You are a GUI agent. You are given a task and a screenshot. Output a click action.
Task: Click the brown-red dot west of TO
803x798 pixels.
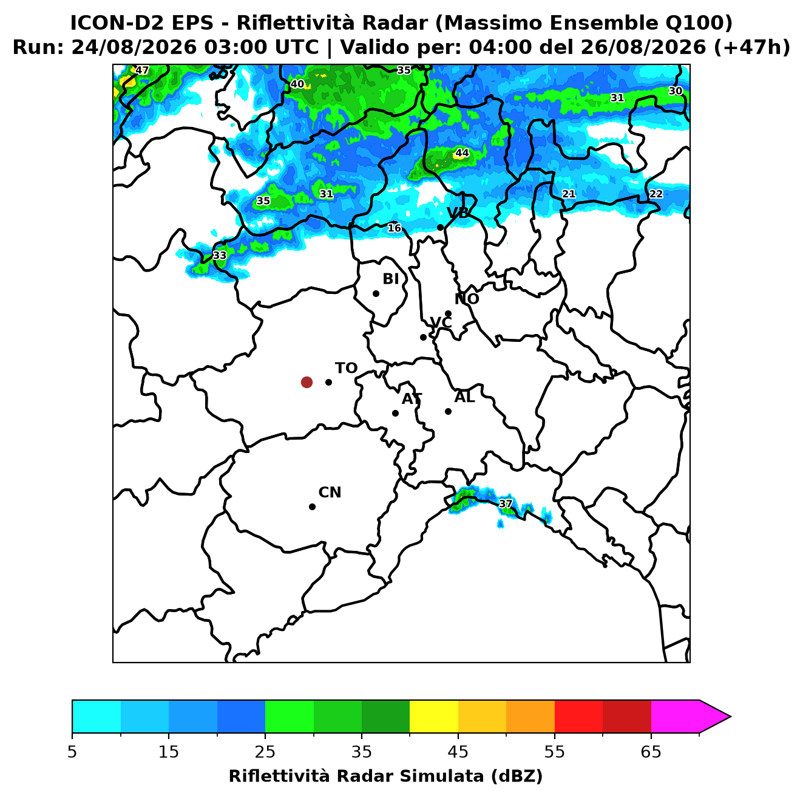307,381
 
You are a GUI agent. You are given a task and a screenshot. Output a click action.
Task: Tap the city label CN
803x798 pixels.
330,493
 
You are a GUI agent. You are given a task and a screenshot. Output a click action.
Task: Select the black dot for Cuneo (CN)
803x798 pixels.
312,507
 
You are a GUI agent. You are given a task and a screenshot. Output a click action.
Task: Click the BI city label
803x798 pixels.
390,279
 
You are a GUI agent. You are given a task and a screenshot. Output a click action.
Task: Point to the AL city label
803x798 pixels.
464,397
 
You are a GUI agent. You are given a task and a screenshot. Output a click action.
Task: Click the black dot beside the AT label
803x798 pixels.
395,414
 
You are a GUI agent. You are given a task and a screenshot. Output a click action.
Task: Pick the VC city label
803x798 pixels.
441,322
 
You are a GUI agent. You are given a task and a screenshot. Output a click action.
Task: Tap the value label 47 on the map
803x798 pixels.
142,70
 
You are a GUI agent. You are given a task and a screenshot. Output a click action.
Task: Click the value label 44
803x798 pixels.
462,153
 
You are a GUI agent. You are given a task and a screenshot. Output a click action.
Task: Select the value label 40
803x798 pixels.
297,84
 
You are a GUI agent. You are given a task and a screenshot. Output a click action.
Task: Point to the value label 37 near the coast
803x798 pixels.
505,504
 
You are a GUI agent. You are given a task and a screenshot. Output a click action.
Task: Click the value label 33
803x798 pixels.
220,255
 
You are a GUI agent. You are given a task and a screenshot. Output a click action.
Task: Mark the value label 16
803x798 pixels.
394,228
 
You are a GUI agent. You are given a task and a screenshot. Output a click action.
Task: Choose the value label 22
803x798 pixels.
656,194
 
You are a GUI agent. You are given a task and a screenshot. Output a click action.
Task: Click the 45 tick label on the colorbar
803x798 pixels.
458,752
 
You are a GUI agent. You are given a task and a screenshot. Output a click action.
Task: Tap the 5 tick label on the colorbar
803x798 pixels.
72,752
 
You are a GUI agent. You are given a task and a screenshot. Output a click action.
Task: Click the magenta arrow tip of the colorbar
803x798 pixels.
731,717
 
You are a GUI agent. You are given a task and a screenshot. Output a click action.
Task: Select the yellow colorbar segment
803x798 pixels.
434,717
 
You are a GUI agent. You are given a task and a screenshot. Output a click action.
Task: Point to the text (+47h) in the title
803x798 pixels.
751,47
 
